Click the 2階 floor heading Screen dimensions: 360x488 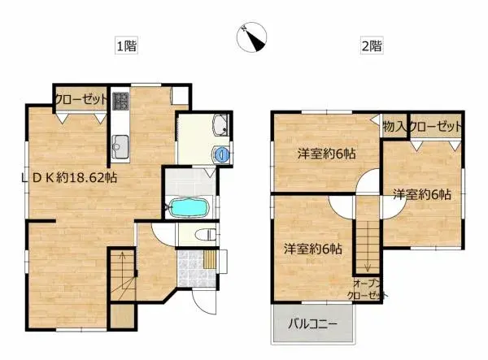click(x=371, y=46)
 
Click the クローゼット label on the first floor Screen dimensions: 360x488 click(x=81, y=99)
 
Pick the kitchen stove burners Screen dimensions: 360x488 click(x=120, y=102)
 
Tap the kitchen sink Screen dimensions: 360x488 click(x=120, y=147)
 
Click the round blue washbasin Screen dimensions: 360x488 click(x=223, y=153)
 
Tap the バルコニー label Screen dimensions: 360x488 click(x=312, y=326)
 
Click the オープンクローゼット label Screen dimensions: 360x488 click(x=367, y=290)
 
